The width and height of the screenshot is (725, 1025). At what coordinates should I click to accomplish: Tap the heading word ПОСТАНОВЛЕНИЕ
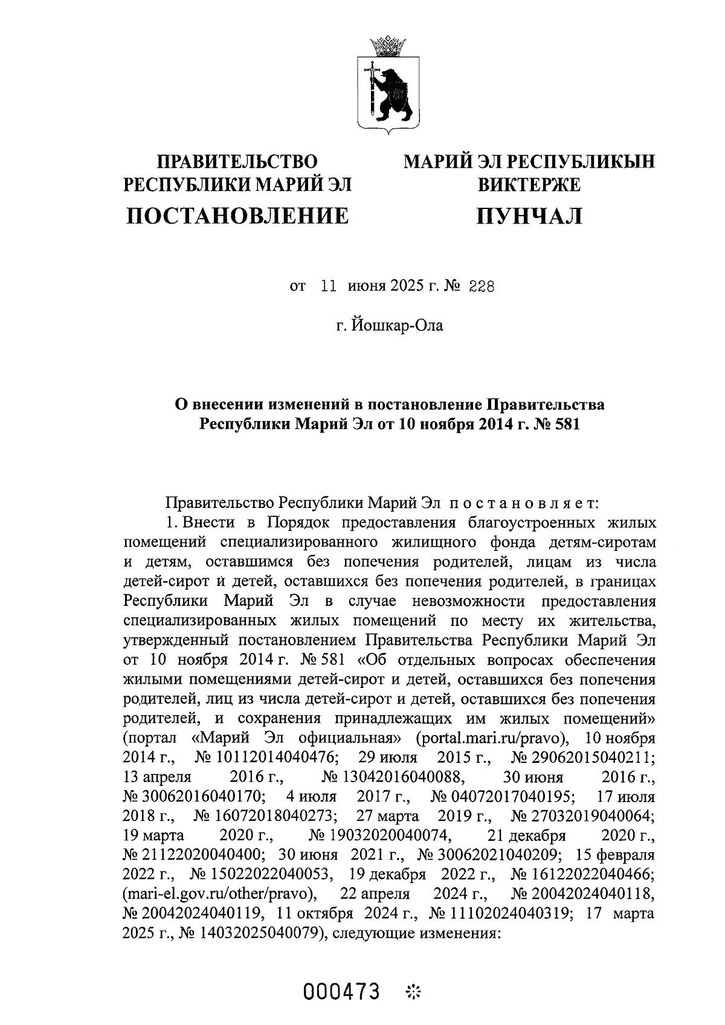237,216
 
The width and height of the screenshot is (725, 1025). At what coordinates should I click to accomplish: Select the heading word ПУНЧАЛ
529,216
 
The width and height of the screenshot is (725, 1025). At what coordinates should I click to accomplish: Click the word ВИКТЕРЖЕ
529,184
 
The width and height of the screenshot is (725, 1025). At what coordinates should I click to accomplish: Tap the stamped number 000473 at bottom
342,992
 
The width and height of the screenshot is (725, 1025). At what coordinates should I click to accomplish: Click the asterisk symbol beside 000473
414,992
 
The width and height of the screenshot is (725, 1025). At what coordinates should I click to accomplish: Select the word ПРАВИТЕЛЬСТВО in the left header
237,162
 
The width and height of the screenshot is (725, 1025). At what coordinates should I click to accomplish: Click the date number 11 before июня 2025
328,288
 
